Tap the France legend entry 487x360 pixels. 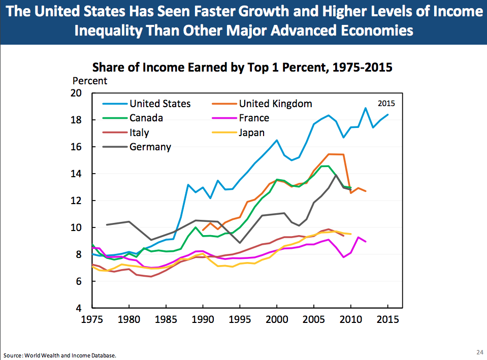point(254,118)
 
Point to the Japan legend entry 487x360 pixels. point(252,133)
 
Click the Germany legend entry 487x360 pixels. point(150,147)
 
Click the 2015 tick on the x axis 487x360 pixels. point(387,320)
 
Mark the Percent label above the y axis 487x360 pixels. point(90,80)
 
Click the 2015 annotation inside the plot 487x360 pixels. point(386,103)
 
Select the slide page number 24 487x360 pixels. point(479,352)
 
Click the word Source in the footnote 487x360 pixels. point(12,355)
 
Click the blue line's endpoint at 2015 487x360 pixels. point(388,114)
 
